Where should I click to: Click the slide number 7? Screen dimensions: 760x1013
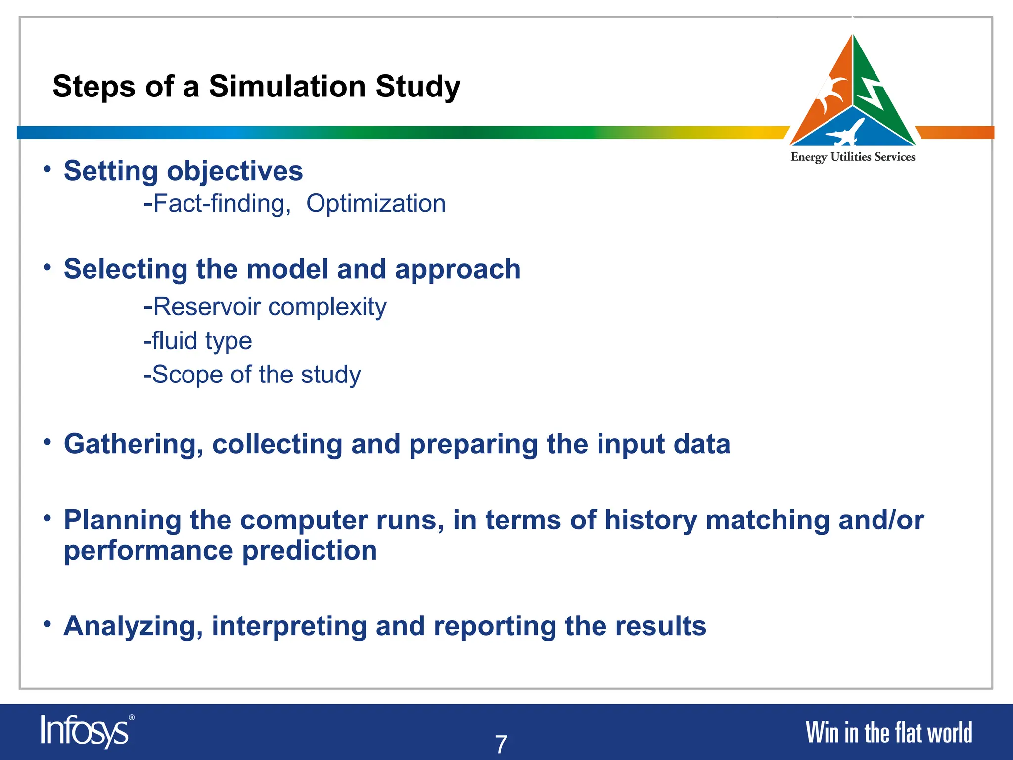click(x=501, y=744)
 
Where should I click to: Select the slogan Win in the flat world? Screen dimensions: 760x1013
click(x=888, y=733)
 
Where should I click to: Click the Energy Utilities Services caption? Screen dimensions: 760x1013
click(x=853, y=157)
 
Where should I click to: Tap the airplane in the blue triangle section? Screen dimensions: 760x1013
click(x=847, y=132)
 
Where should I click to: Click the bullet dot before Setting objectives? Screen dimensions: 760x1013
click(x=47, y=170)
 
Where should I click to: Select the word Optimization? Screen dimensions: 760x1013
click(x=376, y=204)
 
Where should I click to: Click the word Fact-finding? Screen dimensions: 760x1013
click(x=218, y=204)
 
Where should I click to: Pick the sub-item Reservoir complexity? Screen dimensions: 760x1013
click(x=265, y=307)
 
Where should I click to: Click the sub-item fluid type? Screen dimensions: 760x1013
click(x=198, y=341)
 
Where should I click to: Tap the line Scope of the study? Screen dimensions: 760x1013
click(x=252, y=375)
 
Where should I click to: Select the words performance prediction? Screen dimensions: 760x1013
click(x=221, y=551)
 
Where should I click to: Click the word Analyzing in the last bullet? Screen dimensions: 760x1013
click(x=134, y=626)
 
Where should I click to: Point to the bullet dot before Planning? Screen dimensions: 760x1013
click(x=47, y=519)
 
